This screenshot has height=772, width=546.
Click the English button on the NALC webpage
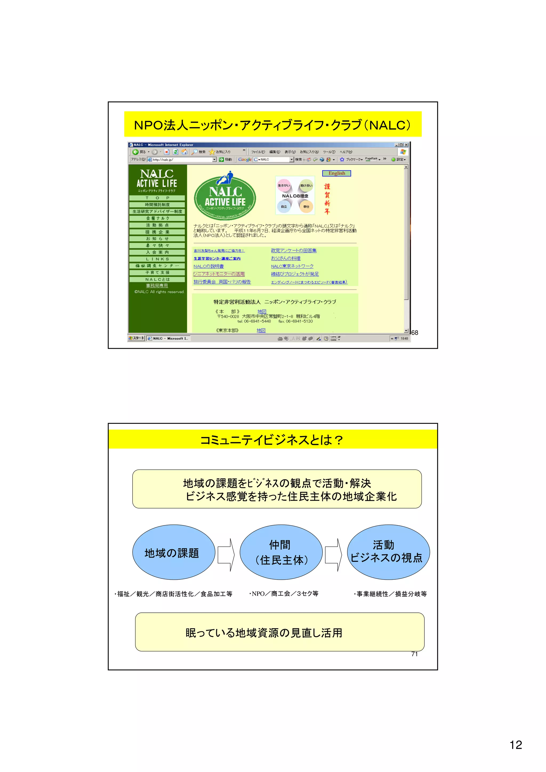336,173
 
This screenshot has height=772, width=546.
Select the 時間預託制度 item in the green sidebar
157,205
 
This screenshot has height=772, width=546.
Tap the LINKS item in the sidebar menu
157,259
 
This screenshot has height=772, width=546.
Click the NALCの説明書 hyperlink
208,266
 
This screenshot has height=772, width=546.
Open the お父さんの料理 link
286,258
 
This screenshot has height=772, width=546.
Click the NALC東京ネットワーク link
292,266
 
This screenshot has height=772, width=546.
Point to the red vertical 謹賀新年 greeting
327,199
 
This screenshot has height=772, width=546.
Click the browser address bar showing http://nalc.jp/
182,160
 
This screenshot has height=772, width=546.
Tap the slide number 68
415,332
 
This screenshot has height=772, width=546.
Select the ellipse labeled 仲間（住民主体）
281,552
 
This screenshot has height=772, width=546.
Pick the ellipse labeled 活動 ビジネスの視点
388,552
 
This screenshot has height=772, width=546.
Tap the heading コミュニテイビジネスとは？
272,440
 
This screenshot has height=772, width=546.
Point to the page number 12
516,745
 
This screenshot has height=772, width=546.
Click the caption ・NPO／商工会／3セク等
284,594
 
